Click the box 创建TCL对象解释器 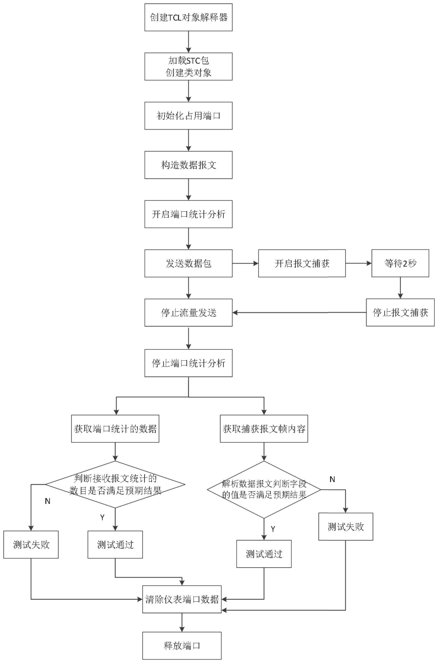(x=188, y=17)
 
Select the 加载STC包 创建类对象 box (x=188, y=67)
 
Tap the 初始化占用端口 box (x=188, y=116)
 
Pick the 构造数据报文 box (x=188, y=165)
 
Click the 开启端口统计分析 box (x=188, y=214)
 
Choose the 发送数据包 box (x=188, y=263)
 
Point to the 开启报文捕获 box (x=302, y=263)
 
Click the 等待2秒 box (x=400, y=263)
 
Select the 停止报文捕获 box (x=400, y=312)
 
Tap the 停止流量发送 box (x=188, y=312)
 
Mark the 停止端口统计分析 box (x=188, y=363)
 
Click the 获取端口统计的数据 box (x=115, y=429)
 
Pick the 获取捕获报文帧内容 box (x=264, y=429)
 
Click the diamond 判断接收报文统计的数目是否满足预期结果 (x=115, y=484)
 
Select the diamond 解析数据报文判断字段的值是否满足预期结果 (x=264, y=489)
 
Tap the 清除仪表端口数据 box (x=182, y=599)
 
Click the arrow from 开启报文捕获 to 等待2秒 (x=358, y=263)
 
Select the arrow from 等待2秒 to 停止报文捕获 (x=400, y=288)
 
